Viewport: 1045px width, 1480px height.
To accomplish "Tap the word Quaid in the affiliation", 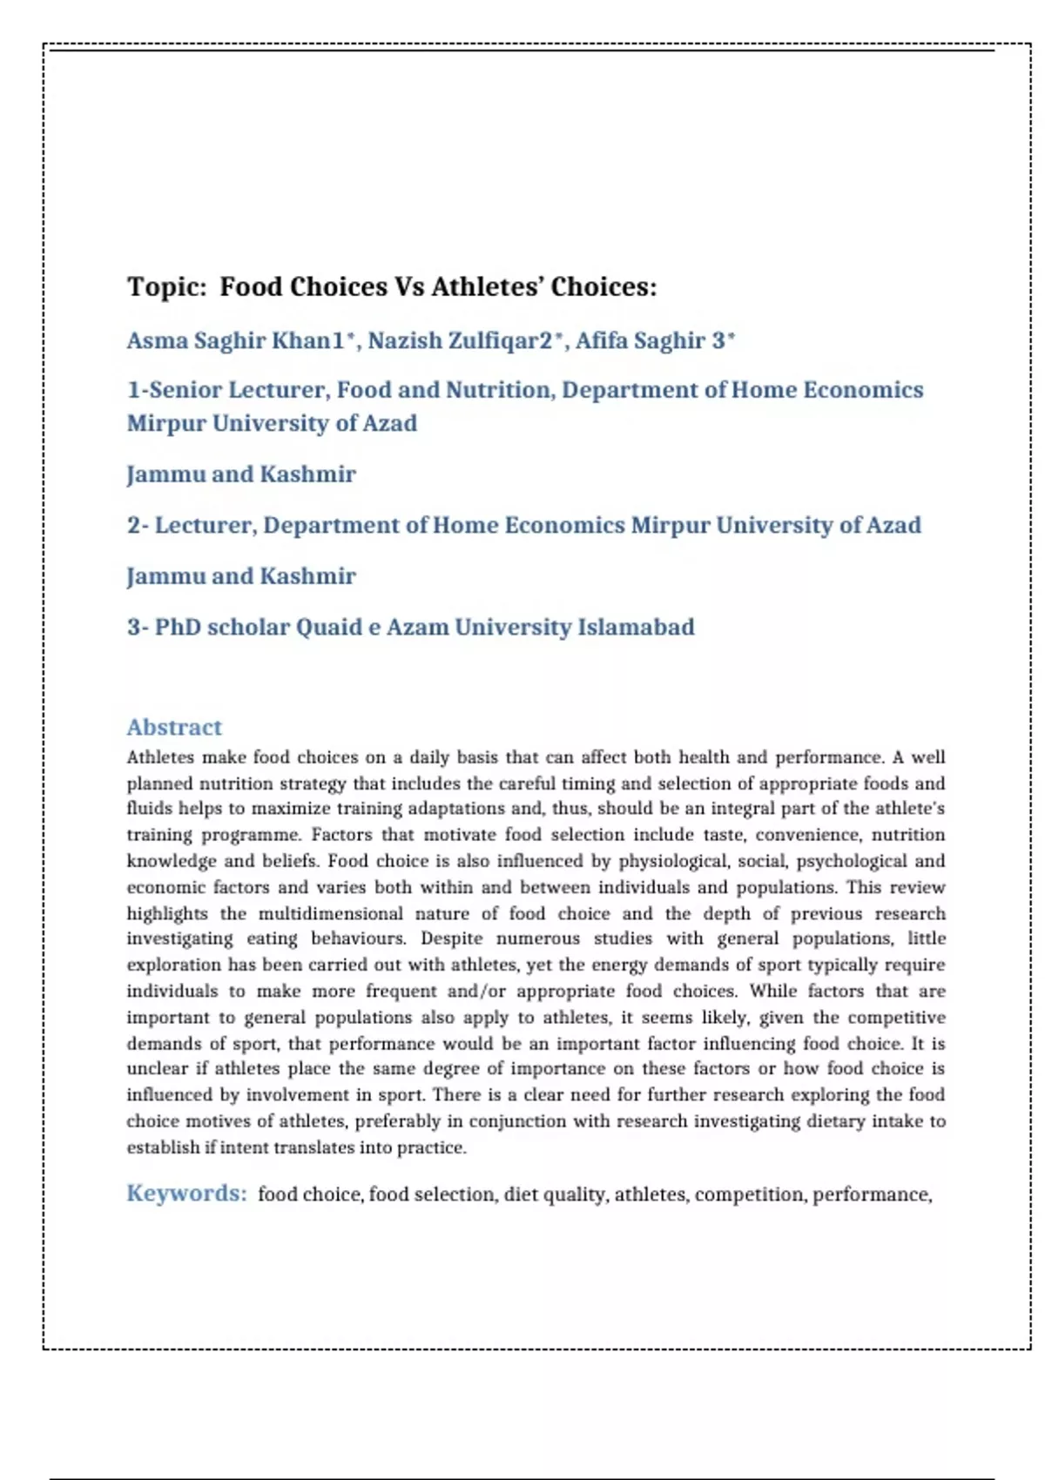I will click(328, 627).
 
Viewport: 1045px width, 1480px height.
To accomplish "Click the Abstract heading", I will click(174, 727).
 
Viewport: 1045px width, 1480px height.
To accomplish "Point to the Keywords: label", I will click(186, 1193).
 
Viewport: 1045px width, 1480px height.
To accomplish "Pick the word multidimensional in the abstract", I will click(330, 913).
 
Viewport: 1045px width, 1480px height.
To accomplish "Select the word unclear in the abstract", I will click(157, 1068).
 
